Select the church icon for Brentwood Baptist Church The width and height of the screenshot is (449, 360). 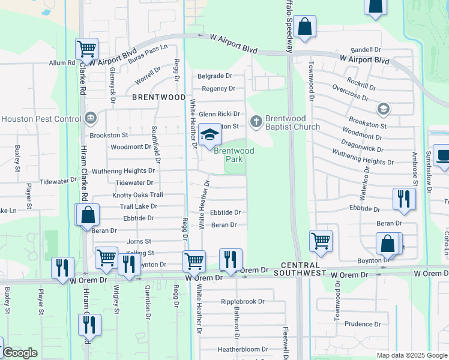tap(256, 122)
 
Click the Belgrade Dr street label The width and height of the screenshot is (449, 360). tap(215, 76)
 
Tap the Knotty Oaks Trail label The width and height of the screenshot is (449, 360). tap(137, 195)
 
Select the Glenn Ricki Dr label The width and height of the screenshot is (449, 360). tap(219, 114)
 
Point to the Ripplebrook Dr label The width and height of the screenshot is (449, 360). tap(243, 302)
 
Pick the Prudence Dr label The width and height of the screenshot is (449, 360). tap(363, 324)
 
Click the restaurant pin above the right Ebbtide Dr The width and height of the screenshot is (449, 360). tap(404, 199)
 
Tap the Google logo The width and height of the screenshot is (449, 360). tap(20, 353)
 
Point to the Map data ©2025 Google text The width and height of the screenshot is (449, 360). tap(412, 355)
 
